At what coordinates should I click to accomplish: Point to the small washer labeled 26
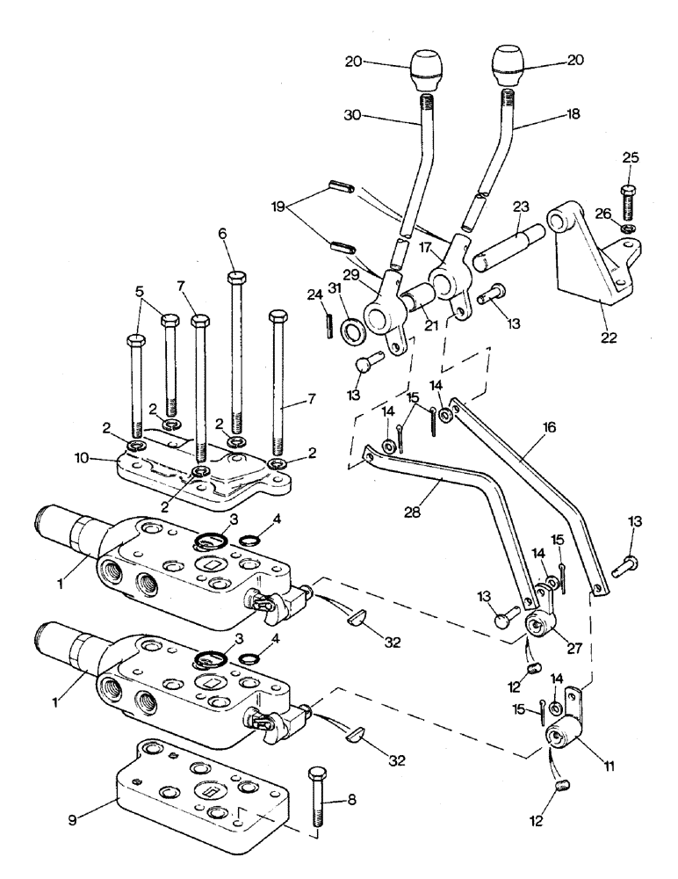(x=627, y=229)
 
